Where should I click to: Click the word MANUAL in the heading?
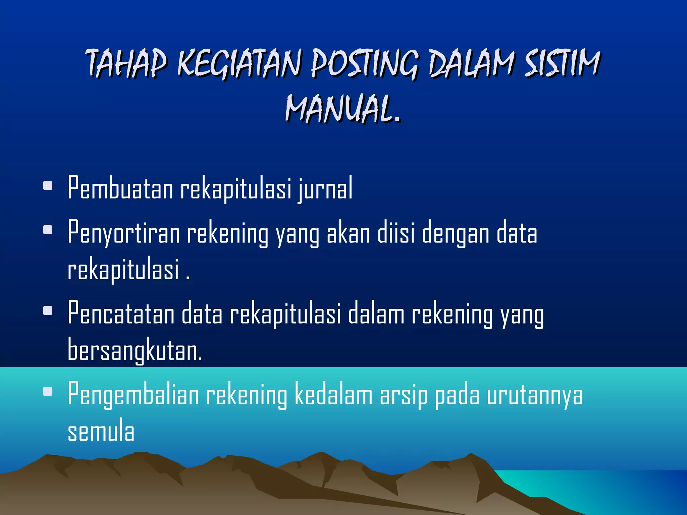coord(339,109)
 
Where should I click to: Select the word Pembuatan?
coord(120,188)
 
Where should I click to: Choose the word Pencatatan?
coord(121,313)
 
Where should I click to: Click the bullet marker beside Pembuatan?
coord(48,186)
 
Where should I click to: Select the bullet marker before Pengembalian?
coord(48,391)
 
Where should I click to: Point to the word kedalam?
coord(333,394)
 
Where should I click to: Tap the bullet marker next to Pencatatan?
coord(48,311)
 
